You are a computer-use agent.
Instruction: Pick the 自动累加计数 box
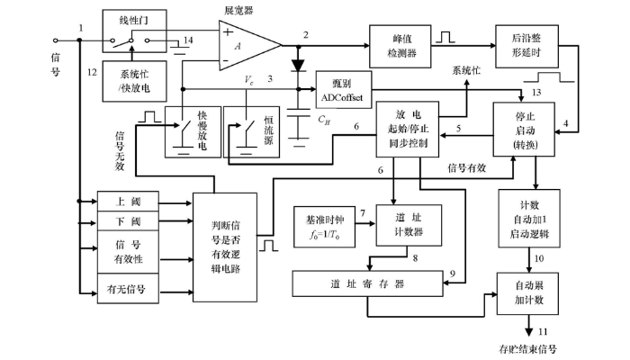click(527, 288)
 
